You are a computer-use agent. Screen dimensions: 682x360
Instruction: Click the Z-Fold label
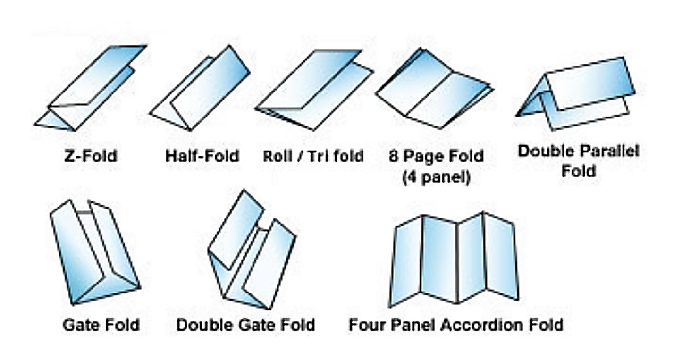pyautogui.click(x=91, y=156)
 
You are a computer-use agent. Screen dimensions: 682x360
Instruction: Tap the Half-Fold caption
pyautogui.click(x=202, y=156)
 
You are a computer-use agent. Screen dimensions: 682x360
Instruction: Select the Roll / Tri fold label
pyautogui.click(x=313, y=156)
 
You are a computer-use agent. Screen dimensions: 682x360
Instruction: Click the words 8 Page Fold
pyautogui.click(x=436, y=156)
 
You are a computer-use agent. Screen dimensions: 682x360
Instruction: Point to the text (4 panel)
pyautogui.click(x=436, y=177)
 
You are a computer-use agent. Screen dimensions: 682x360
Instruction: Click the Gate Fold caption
pyautogui.click(x=101, y=325)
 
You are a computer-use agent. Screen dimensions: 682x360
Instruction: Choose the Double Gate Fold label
pyautogui.click(x=246, y=325)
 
